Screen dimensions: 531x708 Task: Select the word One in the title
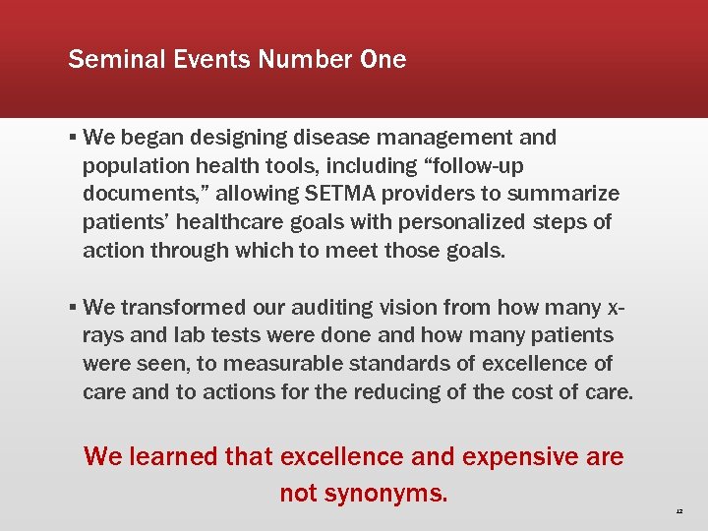pos(383,59)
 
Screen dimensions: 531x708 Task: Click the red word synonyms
pos(390,492)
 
